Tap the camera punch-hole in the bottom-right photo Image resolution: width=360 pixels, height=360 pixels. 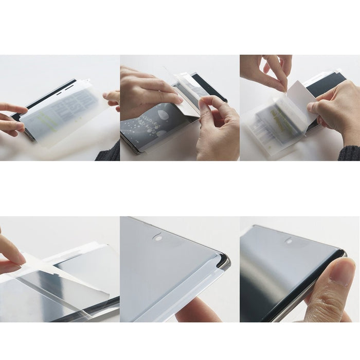tap(289, 240)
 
